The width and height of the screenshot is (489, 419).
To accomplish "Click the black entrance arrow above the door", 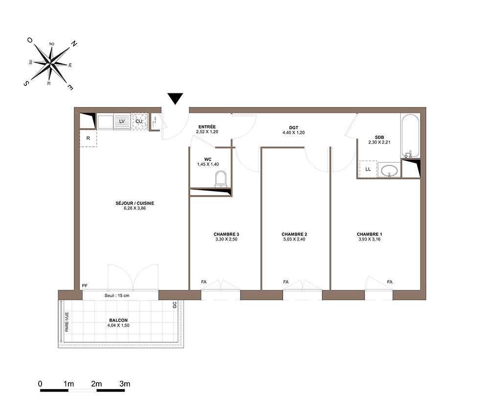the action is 175,98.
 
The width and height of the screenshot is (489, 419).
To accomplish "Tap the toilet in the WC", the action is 221,179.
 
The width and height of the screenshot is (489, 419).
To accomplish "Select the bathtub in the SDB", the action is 410,136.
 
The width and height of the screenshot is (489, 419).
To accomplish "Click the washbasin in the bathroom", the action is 389,170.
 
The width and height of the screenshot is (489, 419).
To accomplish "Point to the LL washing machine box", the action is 368,169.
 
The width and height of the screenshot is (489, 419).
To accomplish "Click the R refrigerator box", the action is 88,138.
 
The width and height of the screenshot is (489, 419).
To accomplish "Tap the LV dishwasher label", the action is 122,121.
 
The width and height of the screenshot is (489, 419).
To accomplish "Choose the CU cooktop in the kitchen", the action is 139,121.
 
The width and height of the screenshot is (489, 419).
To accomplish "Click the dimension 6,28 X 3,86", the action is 135,208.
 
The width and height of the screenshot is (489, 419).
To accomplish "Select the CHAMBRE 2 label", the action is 294,234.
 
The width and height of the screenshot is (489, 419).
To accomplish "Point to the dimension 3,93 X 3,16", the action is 369,240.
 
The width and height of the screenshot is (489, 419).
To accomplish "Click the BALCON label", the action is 118,320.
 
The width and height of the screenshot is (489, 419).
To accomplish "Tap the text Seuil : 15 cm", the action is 117,295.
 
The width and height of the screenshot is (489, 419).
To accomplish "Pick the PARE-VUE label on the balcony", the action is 67,322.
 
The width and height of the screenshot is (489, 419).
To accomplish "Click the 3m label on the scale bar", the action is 125,384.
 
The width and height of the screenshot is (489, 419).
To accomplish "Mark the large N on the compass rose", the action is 74,44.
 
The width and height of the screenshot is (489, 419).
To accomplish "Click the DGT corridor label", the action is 294,128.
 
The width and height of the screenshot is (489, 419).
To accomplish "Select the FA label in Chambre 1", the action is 390,282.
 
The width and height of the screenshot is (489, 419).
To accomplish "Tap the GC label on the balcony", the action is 175,305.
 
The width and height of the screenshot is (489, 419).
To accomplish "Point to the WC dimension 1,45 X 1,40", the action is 208,164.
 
